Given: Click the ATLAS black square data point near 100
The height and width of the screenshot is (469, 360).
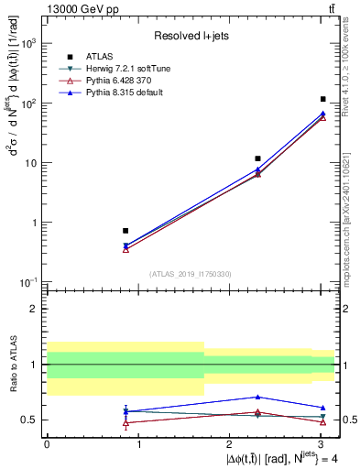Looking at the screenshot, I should pyautogui.click(x=323, y=99).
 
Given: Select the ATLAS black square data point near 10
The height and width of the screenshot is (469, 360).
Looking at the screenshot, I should pyautogui.click(x=258, y=158).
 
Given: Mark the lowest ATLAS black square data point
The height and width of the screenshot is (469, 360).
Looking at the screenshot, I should pyautogui.click(x=125, y=231).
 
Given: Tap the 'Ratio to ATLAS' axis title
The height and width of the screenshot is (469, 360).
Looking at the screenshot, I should pyautogui.click(x=12, y=365).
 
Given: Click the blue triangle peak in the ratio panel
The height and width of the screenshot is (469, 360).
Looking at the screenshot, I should pyautogui.click(x=258, y=397).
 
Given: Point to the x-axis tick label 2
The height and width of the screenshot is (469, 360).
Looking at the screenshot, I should pyautogui.click(x=229, y=444).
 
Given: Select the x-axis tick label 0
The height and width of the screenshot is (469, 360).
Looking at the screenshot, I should pyautogui.click(x=47, y=444).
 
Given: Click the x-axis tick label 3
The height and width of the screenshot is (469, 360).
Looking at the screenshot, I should pyautogui.click(x=321, y=444).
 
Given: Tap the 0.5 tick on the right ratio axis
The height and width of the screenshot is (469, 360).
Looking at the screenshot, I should pyautogui.click(x=346, y=420).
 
